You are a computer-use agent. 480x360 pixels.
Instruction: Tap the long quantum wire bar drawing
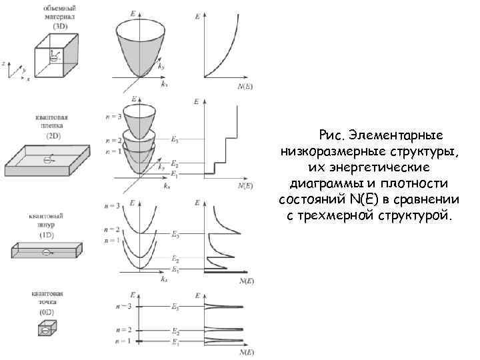point(45,251)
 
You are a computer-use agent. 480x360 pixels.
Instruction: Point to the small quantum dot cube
point(45,329)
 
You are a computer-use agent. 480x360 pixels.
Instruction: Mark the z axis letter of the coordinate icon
point(5,63)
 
